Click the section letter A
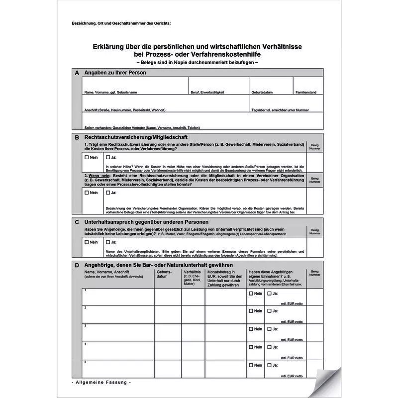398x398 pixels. (77, 73)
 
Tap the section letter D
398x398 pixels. (77, 265)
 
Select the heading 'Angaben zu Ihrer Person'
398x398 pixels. (115, 73)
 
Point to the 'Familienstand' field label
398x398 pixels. (306, 93)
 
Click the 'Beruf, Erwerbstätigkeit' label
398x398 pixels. (207, 93)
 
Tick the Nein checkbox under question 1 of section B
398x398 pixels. (87, 157)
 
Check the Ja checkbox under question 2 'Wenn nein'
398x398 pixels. (108, 193)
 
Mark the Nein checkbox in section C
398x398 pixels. (87, 242)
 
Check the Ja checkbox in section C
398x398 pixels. (108, 242)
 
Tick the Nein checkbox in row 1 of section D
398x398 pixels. (251, 294)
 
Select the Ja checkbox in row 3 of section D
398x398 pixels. (270, 329)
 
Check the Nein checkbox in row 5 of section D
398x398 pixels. (251, 365)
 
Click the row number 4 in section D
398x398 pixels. (86, 344)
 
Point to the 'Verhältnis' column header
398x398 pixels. (193, 273)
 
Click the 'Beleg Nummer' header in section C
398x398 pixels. (315, 232)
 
